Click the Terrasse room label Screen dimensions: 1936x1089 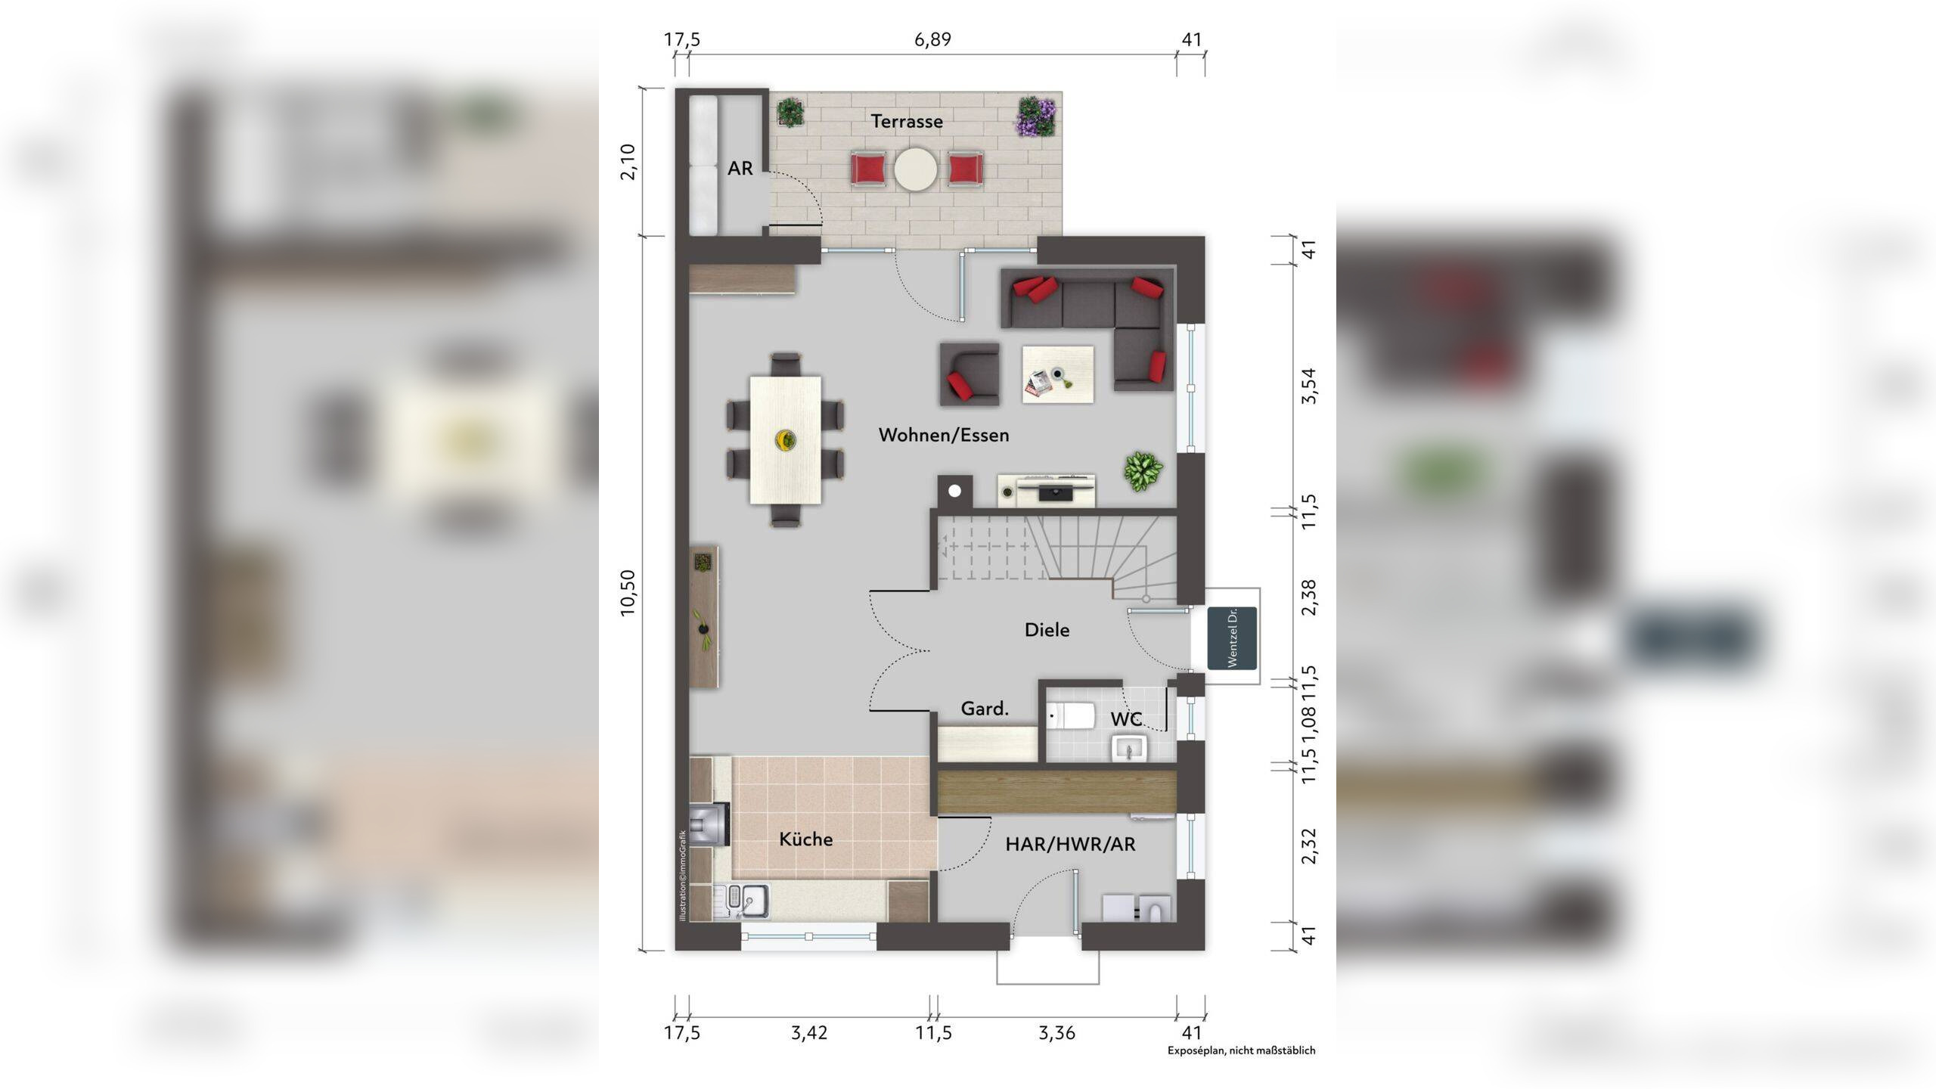click(x=907, y=121)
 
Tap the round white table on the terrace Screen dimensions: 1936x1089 click(x=916, y=169)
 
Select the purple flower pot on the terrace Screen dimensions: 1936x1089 click(x=1035, y=116)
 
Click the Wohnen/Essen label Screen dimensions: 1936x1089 click(x=944, y=435)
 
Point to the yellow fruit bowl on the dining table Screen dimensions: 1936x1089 click(x=786, y=439)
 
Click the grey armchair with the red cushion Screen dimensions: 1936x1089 click(x=970, y=374)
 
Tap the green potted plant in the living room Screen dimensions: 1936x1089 click(x=1143, y=470)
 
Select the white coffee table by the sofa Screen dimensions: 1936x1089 click(x=1058, y=374)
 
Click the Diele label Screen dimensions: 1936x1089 click(x=1047, y=630)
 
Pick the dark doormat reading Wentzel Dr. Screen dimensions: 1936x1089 click(x=1232, y=638)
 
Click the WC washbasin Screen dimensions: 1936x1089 click(x=1129, y=749)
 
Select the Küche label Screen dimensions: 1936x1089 click(x=806, y=839)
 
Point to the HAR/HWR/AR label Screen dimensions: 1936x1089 click(x=1070, y=844)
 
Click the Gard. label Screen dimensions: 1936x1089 click(x=985, y=709)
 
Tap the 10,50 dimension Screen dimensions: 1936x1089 click(x=628, y=593)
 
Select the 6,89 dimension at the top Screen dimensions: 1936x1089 click(x=932, y=39)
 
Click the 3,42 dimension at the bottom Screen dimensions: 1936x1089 click(x=809, y=1033)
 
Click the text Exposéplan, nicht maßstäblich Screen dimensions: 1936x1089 click(x=1242, y=1050)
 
